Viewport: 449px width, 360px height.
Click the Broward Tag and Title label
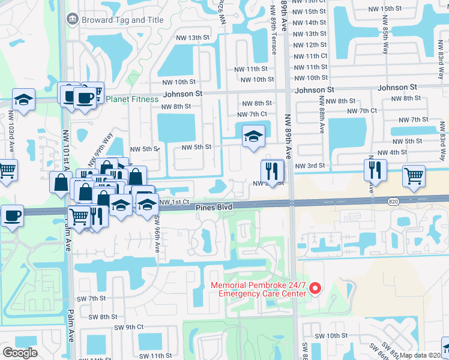pos(122,20)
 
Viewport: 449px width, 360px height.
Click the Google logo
pos(20,353)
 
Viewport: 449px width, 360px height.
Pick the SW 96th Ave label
pos(157,234)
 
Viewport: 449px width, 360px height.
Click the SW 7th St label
pos(91,298)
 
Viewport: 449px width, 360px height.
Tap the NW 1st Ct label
pos(174,202)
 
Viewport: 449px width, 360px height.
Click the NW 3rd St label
pos(310,166)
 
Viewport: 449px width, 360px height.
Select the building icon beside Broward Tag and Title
pos(72,20)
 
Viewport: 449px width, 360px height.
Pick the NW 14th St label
pos(311,22)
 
